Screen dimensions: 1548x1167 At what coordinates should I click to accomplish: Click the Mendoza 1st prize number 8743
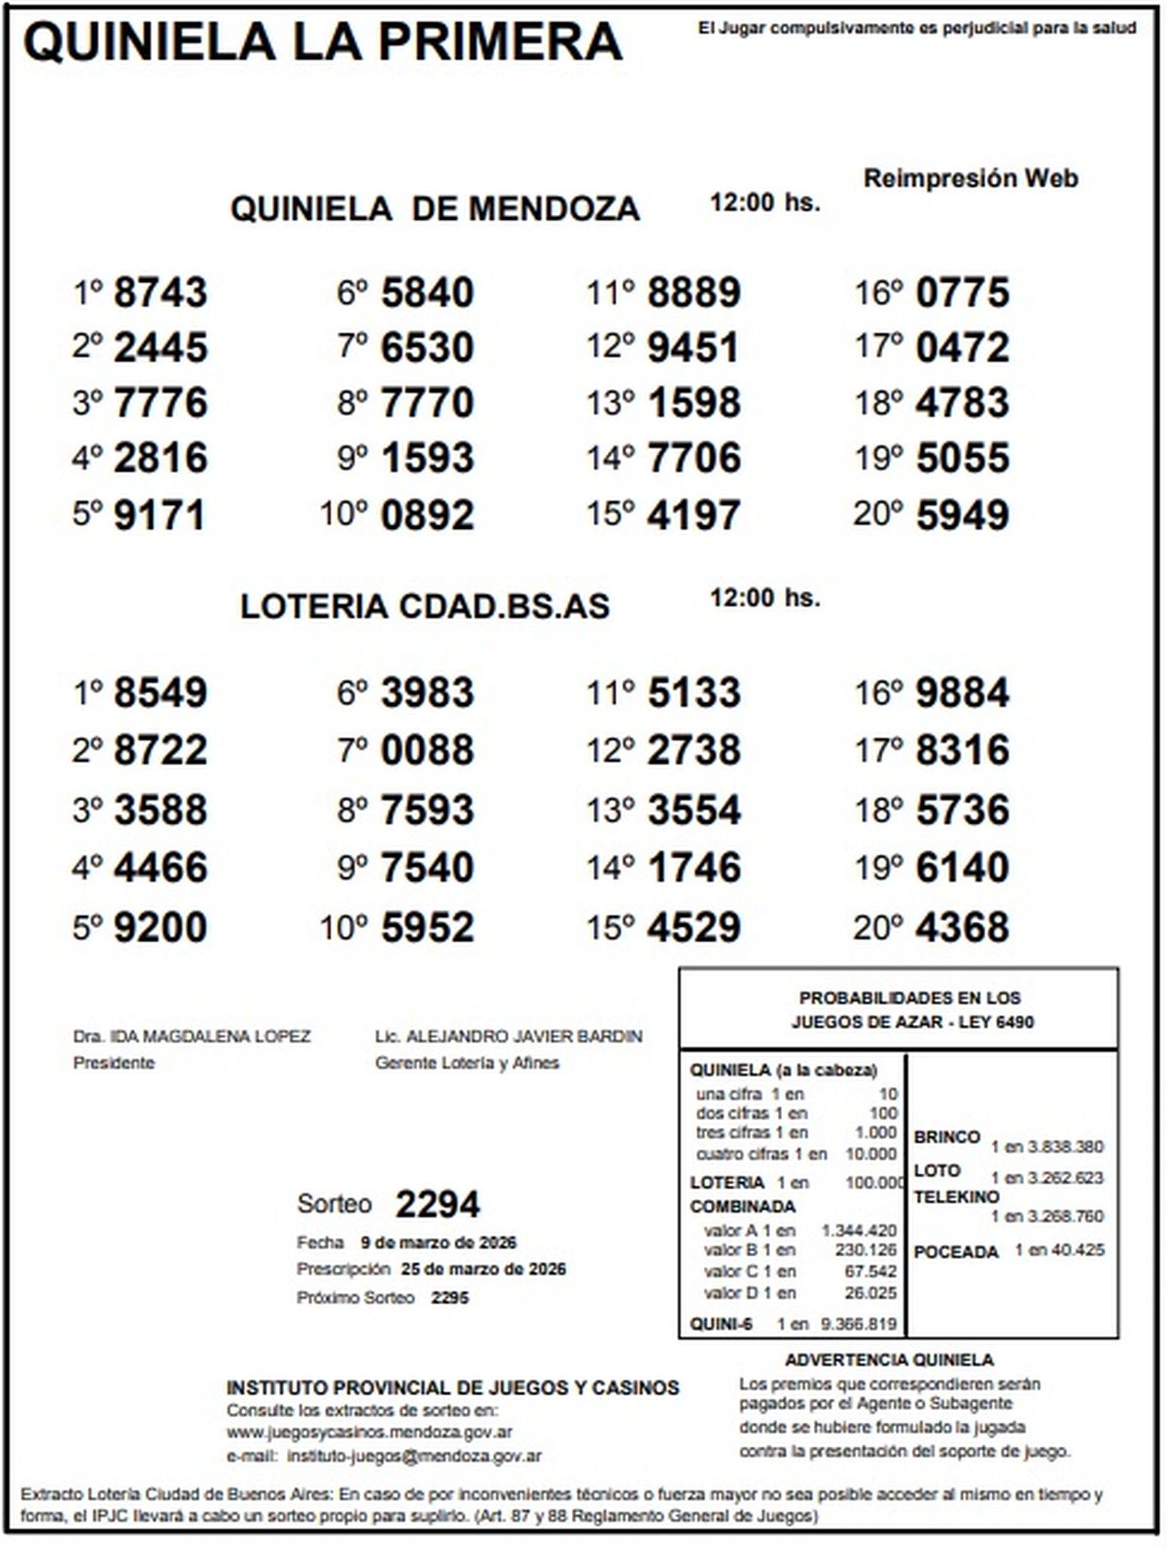160,293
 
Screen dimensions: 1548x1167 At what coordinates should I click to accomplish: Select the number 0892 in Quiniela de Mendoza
427,515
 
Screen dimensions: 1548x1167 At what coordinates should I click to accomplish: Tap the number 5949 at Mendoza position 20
962,515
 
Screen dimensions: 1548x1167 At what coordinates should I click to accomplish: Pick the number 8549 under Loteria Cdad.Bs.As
160,693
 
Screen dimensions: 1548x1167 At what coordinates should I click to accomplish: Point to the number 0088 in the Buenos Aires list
427,751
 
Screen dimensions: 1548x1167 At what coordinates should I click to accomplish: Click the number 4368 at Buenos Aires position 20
962,927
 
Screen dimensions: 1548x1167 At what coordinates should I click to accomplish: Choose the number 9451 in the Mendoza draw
693,348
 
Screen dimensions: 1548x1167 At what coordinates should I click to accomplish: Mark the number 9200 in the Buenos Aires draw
160,927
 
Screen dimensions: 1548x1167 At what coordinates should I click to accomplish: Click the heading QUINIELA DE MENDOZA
435,209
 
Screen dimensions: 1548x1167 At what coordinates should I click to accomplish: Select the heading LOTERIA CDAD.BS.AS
425,607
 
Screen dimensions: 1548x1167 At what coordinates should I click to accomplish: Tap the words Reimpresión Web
971,179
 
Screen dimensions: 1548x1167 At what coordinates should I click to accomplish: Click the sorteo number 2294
437,1205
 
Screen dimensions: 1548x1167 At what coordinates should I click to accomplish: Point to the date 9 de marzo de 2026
438,1243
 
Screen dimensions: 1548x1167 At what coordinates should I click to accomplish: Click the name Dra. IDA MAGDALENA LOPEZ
192,1037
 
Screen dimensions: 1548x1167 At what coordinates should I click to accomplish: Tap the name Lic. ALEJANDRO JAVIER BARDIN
509,1037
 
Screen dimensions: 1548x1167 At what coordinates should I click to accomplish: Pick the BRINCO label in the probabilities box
946,1137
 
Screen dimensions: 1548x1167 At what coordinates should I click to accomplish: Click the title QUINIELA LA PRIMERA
322,42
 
